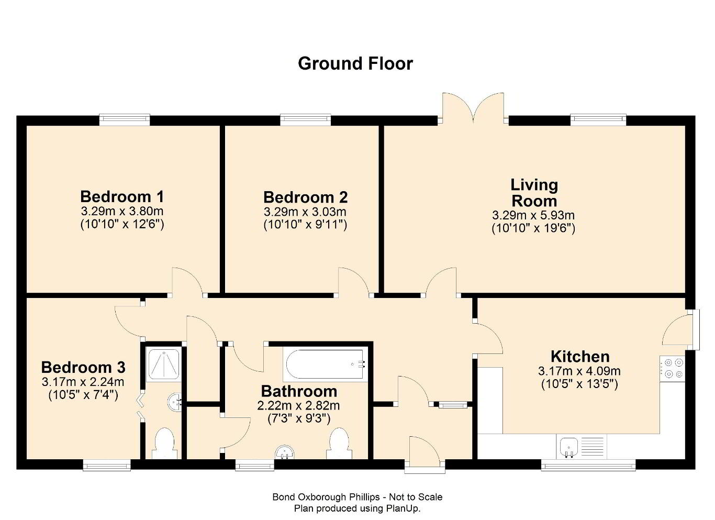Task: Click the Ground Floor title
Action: coord(355,63)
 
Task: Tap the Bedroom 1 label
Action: coord(122,196)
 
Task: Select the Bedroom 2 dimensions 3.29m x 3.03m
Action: coord(305,212)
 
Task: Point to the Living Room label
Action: coord(534,193)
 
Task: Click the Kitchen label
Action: coord(580,357)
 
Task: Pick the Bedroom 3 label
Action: coord(83,367)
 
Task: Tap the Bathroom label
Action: coord(299,391)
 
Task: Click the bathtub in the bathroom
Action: coord(325,364)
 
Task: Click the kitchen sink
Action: coord(569,447)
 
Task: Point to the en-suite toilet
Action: coord(164,444)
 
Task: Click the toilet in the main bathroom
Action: coord(339,444)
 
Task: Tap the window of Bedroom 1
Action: coord(125,120)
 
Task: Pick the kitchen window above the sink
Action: coord(588,466)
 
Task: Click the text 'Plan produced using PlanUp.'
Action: coord(357,508)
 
